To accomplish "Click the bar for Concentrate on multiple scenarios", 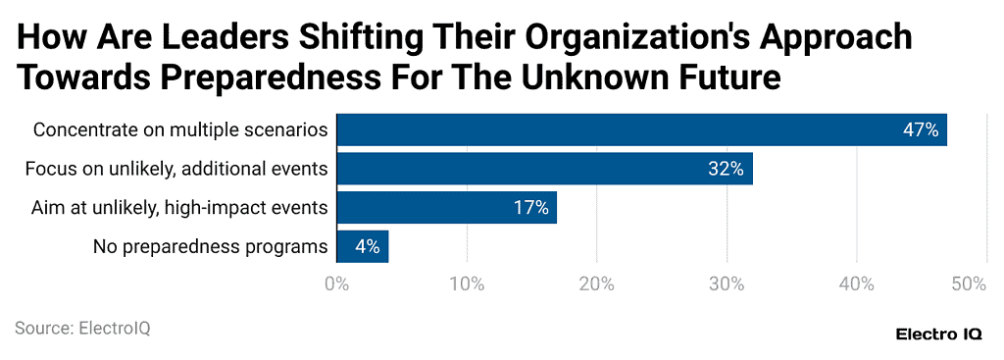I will (x=641, y=129).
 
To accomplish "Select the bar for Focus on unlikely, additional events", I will (x=544, y=169).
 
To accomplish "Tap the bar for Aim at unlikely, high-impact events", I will (x=446, y=208).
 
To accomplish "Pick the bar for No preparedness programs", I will (x=362, y=247).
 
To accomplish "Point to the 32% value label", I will (x=727, y=169).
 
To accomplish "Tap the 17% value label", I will (x=530, y=208).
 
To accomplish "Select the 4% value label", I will (x=368, y=247).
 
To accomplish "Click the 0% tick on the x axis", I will (x=336, y=284).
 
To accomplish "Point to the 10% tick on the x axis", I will (x=467, y=284).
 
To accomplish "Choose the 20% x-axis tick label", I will (x=596, y=284).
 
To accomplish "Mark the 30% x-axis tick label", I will (x=727, y=284).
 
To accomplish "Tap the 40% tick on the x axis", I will (x=857, y=284).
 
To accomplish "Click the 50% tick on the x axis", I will (x=969, y=284).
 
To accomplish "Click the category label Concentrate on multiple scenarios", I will (x=180, y=129).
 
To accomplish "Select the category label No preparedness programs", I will (x=210, y=247).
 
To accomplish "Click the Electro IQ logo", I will (x=939, y=334).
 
